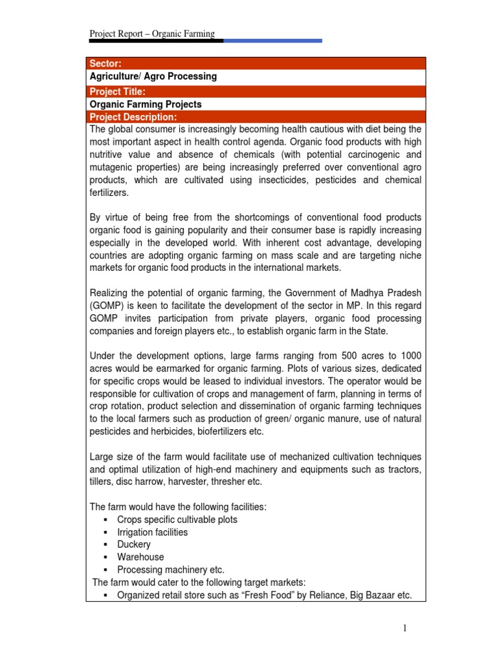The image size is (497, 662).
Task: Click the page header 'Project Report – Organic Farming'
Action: pyautogui.click(x=152, y=34)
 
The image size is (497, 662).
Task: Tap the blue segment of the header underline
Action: pyautogui.click(x=272, y=41)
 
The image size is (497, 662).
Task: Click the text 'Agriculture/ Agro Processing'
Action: pyautogui.click(x=153, y=76)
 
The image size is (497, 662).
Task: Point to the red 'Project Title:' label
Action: pyautogui.click(x=117, y=92)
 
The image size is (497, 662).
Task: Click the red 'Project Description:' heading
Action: pyautogui.click(x=133, y=117)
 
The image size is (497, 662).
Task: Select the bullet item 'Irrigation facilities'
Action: pyautogui.click(x=152, y=532)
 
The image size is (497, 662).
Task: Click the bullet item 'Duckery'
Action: pyautogui.click(x=134, y=544)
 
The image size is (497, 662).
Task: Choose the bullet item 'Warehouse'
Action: pyautogui.click(x=140, y=557)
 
